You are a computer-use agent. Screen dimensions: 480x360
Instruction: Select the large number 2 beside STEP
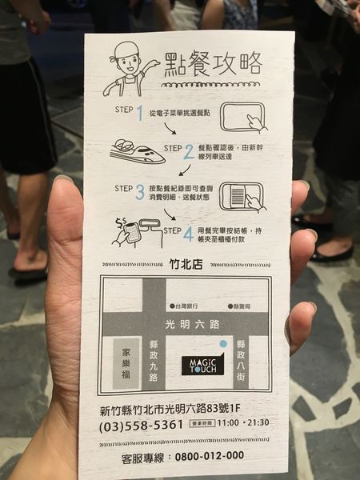click(190, 150)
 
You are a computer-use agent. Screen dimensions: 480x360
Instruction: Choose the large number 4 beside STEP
click(189, 234)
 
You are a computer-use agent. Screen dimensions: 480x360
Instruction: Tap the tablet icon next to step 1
click(244, 115)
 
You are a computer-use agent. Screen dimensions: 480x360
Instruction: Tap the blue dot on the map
click(234, 343)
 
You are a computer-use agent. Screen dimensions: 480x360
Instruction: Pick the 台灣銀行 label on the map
click(190, 306)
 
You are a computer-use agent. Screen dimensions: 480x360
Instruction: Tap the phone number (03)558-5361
click(141, 425)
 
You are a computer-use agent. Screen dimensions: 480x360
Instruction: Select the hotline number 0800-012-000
click(205, 456)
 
